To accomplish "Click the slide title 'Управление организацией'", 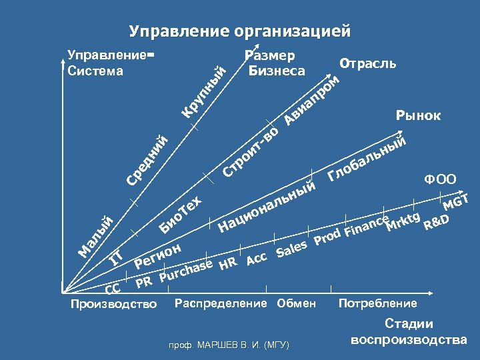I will coord(239,31).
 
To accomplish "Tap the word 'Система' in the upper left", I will coord(96,70).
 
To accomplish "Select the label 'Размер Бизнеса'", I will coord(275,63).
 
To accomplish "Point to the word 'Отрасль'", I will coord(368,64).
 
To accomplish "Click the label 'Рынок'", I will coord(418,116).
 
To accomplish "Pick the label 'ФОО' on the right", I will coord(440,179).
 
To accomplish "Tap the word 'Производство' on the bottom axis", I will coord(113,305).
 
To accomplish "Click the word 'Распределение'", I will coord(220,304).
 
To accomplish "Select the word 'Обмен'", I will coord(297,304).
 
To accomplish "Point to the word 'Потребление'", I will coord(378,304).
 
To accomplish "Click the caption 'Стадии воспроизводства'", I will coord(409,332).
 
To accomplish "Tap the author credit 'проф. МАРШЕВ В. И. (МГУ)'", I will coord(229,345).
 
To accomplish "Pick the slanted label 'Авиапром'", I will coord(311,100).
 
